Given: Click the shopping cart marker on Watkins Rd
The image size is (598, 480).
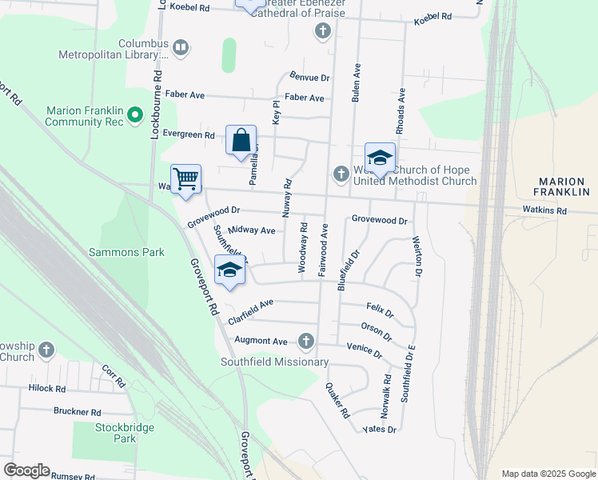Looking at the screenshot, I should click(185, 178).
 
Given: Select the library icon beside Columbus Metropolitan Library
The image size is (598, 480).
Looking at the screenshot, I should click(181, 49).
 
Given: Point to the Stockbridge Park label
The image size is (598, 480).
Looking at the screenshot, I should click(125, 433).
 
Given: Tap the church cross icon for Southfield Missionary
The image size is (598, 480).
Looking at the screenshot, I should click(305, 342).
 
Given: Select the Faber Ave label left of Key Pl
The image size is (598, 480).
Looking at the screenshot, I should click(185, 95).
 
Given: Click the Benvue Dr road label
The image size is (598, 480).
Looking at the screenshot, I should click(310, 78).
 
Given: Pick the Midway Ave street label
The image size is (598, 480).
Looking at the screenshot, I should click(251, 230).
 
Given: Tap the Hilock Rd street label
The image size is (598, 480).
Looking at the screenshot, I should click(46, 388).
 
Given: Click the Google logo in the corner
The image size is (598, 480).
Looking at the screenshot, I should click(26, 470).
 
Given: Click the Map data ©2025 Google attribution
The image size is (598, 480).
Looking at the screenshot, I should click(548, 474).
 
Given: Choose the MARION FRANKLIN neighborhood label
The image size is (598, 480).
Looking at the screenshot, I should click(564, 187).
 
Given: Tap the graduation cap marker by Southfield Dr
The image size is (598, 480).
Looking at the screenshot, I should click(229, 270).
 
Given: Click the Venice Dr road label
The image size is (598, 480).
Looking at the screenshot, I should click(364, 346).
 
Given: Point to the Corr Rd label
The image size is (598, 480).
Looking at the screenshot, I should click(114, 376).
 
